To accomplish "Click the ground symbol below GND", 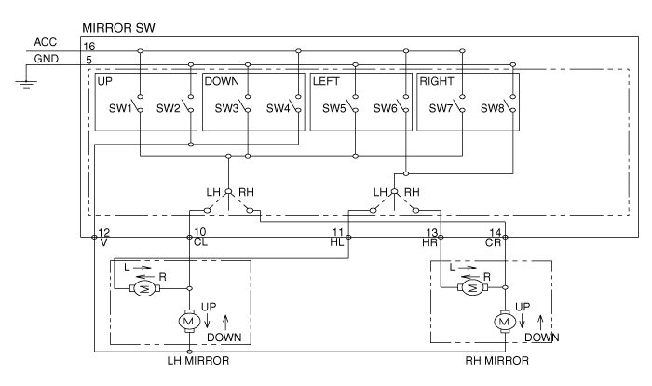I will coord(29,85).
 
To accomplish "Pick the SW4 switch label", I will coord(278,108).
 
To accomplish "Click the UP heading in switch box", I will coord(105,82).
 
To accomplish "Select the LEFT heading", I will coord(327,82).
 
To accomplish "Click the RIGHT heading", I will coord(438,82).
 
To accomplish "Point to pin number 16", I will coord(88,46).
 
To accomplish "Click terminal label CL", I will coord(199,242).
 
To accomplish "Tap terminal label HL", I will coord(337,242).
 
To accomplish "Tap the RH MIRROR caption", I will coord(496,360).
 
